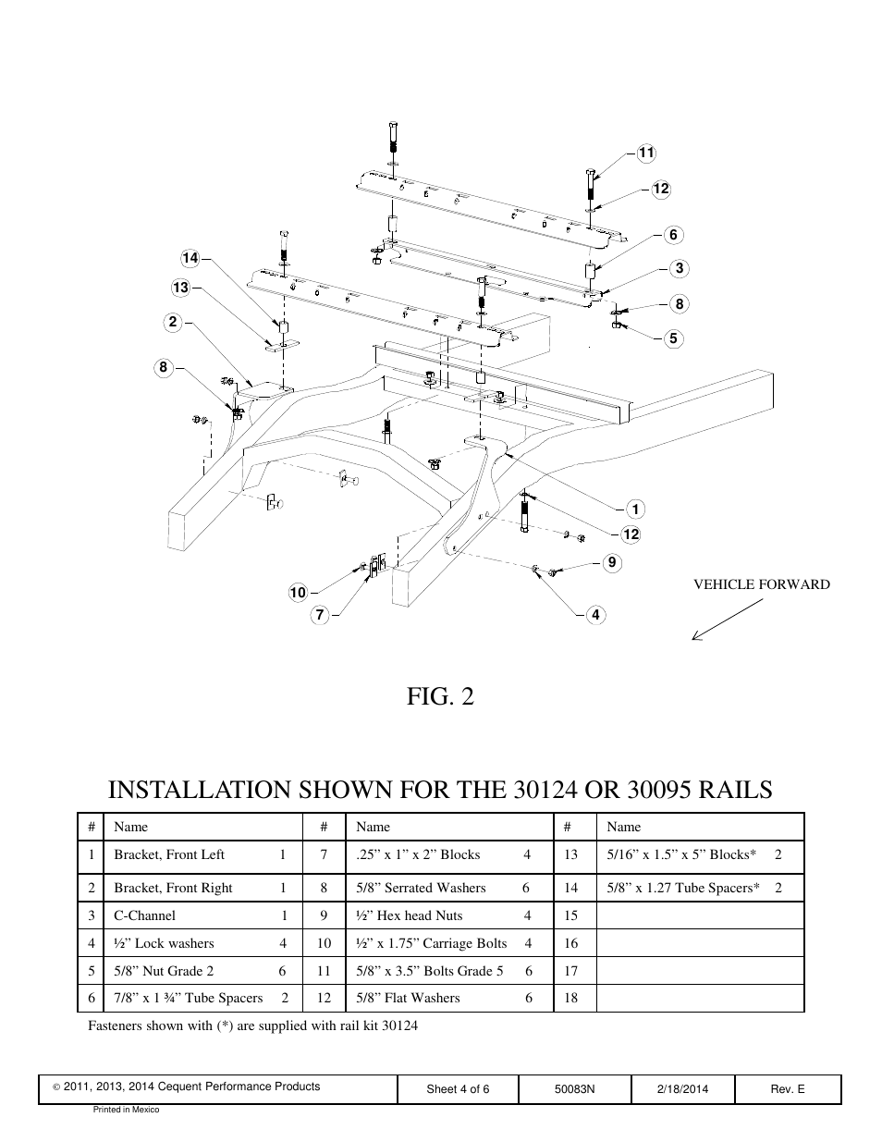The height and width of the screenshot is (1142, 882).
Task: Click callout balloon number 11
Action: [646, 153]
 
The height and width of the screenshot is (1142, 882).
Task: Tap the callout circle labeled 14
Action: [190, 257]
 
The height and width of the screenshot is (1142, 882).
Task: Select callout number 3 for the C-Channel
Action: [680, 268]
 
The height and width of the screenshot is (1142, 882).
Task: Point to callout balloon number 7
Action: [320, 615]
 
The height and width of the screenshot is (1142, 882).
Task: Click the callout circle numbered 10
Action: [298, 593]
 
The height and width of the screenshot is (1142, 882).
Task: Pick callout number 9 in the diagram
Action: [611, 562]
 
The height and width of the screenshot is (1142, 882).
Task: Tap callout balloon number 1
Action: [635, 509]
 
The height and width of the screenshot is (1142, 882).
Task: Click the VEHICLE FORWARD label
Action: [762, 584]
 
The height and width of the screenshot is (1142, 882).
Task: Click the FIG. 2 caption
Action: [440, 696]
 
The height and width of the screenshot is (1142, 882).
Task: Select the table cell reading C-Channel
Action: [144, 915]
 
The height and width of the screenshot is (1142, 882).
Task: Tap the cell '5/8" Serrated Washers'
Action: [421, 888]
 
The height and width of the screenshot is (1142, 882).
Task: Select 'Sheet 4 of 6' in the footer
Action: [458, 1089]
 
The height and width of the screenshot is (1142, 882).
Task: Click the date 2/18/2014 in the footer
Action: [682, 1089]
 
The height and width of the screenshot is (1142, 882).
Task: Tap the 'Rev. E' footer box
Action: [788, 1089]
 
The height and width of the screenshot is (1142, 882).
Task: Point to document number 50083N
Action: [574, 1089]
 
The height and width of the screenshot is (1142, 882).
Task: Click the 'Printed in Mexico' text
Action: [126, 1110]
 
